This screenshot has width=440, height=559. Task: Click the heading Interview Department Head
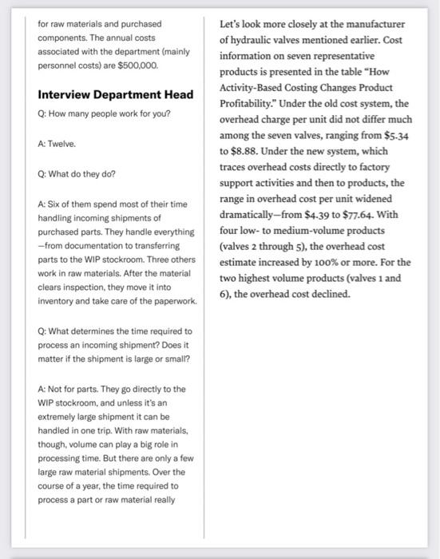(x=116, y=95)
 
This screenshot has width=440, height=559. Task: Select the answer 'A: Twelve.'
(x=57, y=144)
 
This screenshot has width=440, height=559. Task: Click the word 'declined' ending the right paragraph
(x=326, y=294)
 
